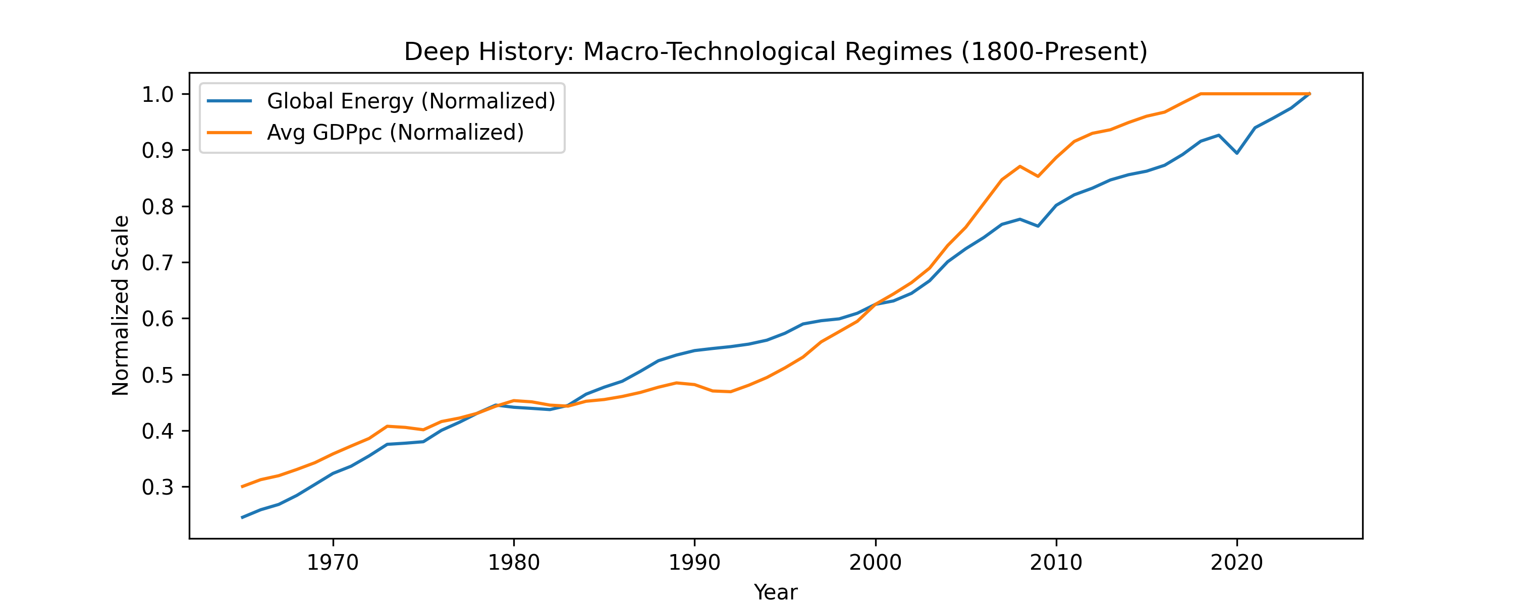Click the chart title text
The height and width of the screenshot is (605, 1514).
[775, 52]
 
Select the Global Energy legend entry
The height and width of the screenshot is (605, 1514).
[411, 101]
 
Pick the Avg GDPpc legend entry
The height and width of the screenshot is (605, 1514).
[395, 132]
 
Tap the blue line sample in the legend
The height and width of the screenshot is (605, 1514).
[229, 101]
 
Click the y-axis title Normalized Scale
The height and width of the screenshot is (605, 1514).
[121, 306]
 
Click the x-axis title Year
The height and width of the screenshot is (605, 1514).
[775, 591]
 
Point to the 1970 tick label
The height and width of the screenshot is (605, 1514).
[333, 563]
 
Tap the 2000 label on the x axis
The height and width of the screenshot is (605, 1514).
[875, 563]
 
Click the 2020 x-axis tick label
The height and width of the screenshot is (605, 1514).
[1236, 563]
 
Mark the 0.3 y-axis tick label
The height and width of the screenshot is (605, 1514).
[157, 487]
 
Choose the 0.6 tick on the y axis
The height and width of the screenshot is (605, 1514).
[157, 319]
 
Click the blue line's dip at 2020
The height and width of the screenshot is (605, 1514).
[1236, 153]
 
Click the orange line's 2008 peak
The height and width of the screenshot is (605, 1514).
[1020, 166]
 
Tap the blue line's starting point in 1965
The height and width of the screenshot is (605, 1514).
[242, 517]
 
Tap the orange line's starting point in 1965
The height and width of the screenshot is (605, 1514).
[242, 487]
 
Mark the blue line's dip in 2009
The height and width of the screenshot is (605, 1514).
[1038, 225]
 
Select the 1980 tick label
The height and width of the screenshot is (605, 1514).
[514, 563]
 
